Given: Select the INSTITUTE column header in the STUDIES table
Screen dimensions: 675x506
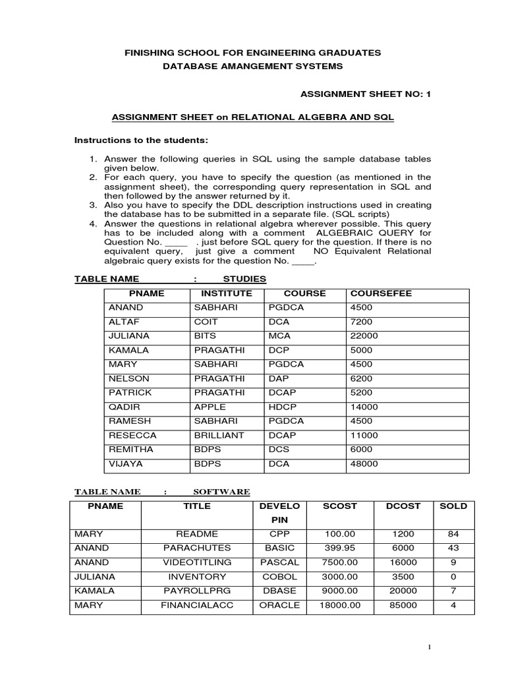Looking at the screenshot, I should point(227,293).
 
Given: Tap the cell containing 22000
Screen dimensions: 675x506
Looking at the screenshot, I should point(364,336).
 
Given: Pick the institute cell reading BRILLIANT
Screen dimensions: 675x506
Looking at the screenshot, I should point(219,435).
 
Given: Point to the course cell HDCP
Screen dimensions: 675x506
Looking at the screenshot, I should point(281,407).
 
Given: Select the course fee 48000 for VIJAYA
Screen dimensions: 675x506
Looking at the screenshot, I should point(364,463).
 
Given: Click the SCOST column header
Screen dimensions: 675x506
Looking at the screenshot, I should point(340,506).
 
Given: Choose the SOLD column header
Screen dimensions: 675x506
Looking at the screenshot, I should point(453,506).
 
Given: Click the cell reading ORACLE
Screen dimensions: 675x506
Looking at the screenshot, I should point(279,604).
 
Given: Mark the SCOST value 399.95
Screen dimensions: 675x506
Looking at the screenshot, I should point(340,548).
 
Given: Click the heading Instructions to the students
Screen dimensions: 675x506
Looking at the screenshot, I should point(141,140).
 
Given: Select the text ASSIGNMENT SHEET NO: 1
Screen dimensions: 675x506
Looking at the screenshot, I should point(365,94).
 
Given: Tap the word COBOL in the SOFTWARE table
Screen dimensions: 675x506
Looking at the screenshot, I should point(279,576).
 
